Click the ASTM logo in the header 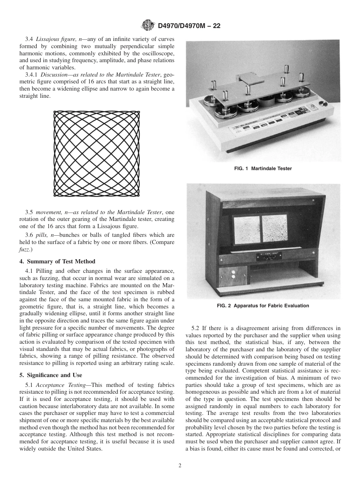147,25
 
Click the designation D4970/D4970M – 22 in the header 189,26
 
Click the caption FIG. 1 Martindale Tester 263,169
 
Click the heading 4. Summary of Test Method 57,261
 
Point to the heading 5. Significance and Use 50,375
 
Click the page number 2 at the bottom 180,466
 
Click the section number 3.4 29,39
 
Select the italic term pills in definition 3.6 41,235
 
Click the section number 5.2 196,328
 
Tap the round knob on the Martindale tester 323,104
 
